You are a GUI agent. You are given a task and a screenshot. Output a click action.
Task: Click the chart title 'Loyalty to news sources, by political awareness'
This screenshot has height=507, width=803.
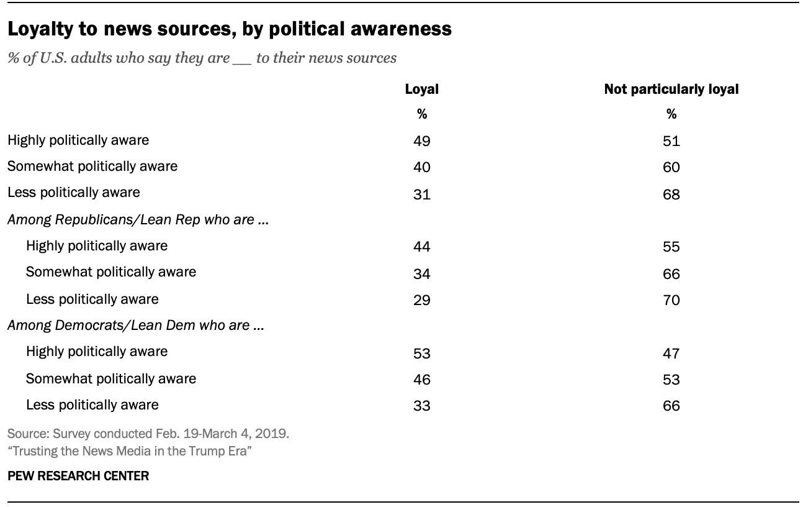[x=229, y=29]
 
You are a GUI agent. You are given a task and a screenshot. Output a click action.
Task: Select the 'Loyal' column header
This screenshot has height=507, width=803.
[x=421, y=89]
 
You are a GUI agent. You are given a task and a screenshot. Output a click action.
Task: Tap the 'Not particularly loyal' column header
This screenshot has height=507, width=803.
[x=671, y=89]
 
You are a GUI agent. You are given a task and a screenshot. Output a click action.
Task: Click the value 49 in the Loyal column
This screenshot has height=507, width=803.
[x=421, y=140]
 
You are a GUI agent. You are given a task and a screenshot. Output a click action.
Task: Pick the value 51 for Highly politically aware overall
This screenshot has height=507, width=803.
[x=671, y=140]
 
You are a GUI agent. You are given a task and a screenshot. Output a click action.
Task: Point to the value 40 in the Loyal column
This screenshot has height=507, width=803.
[x=421, y=167]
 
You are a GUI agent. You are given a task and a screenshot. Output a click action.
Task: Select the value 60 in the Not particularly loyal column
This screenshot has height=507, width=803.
[x=671, y=167]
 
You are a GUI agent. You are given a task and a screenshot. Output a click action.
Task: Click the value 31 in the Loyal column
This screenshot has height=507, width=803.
[x=421, y=194]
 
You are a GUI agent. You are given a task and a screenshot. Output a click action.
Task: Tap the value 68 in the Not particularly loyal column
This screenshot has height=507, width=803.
[x=671, y=194]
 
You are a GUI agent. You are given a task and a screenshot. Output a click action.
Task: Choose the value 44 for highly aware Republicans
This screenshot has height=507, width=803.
[x=421, y=247]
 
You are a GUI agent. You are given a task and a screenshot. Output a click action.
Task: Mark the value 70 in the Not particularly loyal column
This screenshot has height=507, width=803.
[x=671, y=300]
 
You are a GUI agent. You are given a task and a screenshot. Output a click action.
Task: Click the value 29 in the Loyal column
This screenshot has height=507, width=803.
[x=421, y=300]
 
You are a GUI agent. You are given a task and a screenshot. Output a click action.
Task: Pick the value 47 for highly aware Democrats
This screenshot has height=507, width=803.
[x=671, y=353]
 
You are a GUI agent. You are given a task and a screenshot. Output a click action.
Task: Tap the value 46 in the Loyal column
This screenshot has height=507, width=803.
[x=421, y=379]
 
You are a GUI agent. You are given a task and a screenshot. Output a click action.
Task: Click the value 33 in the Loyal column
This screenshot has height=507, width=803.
[x=421, y=406]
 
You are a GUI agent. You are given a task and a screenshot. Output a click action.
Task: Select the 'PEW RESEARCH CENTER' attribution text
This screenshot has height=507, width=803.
[x=78, y=477]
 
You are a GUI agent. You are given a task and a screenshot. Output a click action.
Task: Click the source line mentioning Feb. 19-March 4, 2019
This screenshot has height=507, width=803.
[x=148, y=434]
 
